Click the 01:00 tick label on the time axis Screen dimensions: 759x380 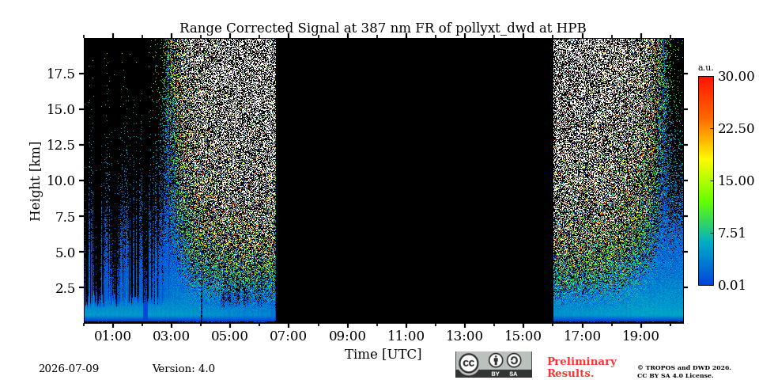[x=113, y=336]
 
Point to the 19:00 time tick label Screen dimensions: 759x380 [x=640, y=336]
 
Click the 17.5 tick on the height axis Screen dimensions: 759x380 [x=62, y=74]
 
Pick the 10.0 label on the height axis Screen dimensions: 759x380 [x=62, y=180]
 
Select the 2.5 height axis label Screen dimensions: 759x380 [x=66, y=288]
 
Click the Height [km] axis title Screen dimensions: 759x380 [x=36, y=181]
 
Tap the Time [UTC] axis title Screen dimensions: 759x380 [x=383, y=355]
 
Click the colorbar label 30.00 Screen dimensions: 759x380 [x=736, y=77]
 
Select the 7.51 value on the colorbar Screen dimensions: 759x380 [x=732, y=233]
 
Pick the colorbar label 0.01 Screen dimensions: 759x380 [x=732, y=285]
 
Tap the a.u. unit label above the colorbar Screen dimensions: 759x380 [x=705, y=68]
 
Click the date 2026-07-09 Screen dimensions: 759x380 [x=69, y=369]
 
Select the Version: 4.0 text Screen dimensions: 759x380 [x=183, y=369]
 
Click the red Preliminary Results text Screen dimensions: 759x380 [x=582, y=367]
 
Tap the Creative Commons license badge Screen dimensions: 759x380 [x=493, y=364]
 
